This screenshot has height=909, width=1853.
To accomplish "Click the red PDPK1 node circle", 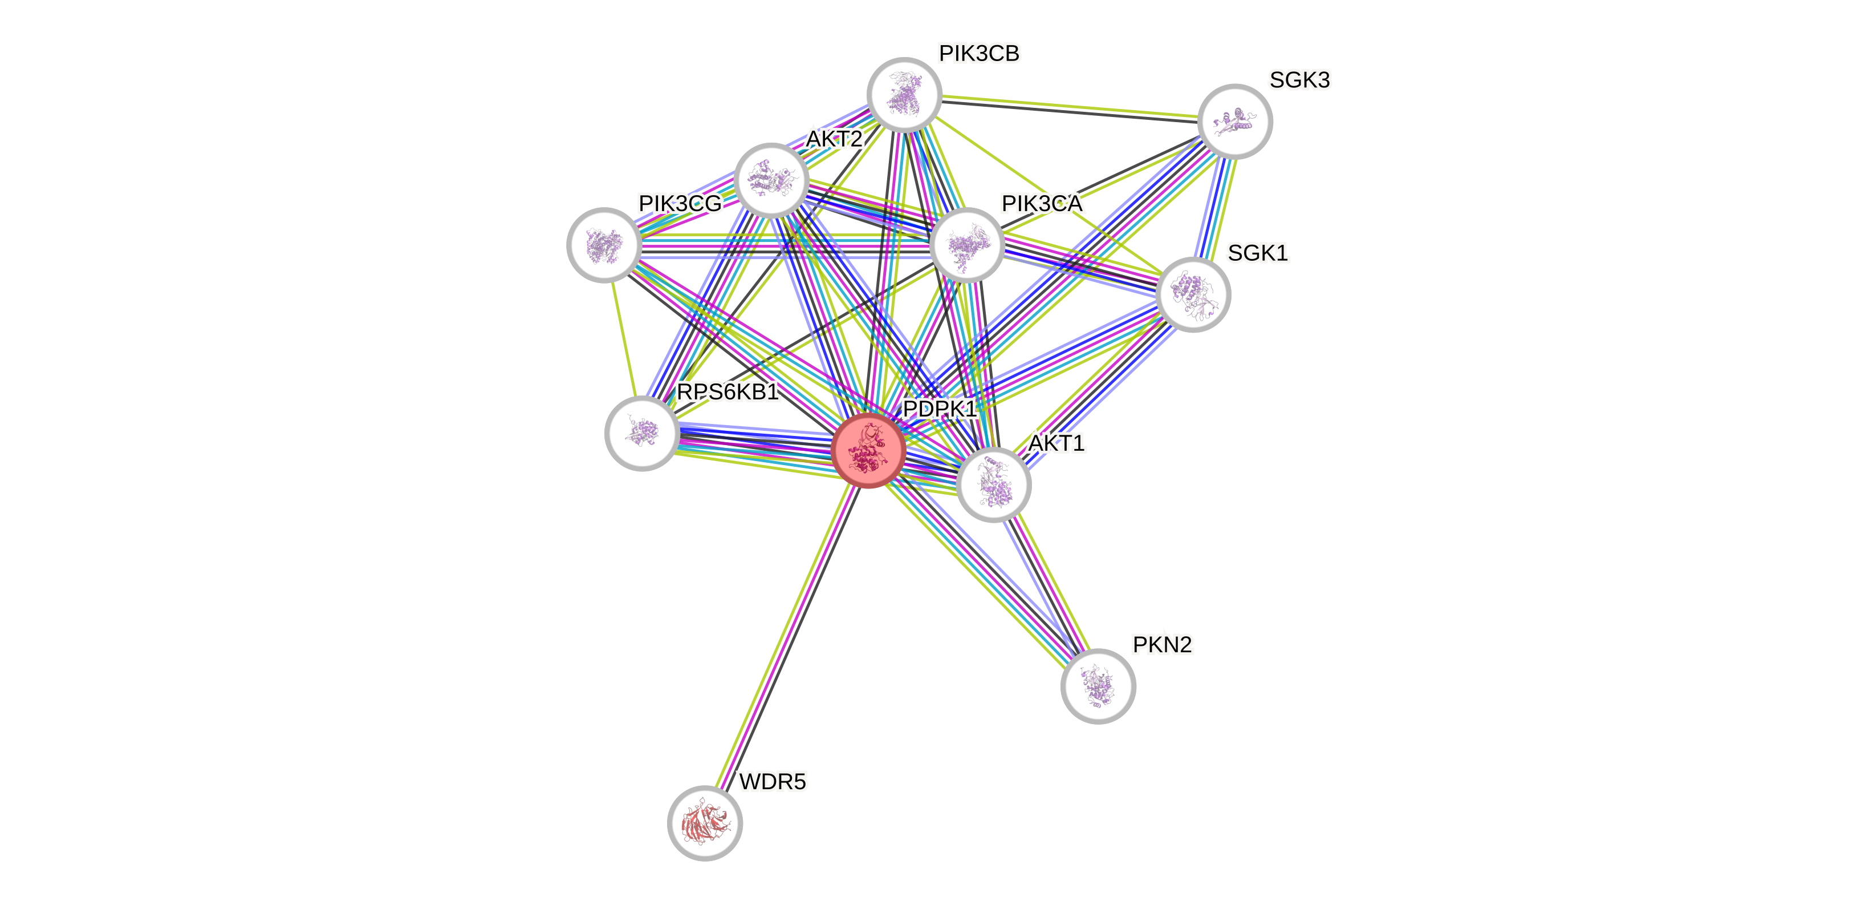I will (868, 451).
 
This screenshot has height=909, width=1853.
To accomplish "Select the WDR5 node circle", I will (705, 823).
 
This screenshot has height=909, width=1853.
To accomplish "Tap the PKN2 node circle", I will (1098, 686).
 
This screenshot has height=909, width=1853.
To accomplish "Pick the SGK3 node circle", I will (1235, 121).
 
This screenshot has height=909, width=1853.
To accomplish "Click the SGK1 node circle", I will (1193, 294).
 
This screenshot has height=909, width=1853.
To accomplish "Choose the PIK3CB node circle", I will (904, 95).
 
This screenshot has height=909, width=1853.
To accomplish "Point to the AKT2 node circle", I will (771, 180).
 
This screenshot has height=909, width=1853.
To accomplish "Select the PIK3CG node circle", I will (604, 245).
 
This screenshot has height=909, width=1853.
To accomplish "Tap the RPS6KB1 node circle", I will (643, 433).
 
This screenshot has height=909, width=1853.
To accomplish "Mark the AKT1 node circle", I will (993, 484).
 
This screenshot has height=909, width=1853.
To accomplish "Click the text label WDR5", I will (773, 782).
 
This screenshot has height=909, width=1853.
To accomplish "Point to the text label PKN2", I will (1162, 645).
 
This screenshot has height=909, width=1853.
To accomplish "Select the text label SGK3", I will (1299, 80).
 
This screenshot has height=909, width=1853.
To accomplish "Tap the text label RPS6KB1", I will (728, 392).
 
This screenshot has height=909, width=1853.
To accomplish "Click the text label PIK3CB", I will (979, 53).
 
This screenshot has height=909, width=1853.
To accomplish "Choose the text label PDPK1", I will (938, 409).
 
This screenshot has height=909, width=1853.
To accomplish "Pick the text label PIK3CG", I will (680, 204).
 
